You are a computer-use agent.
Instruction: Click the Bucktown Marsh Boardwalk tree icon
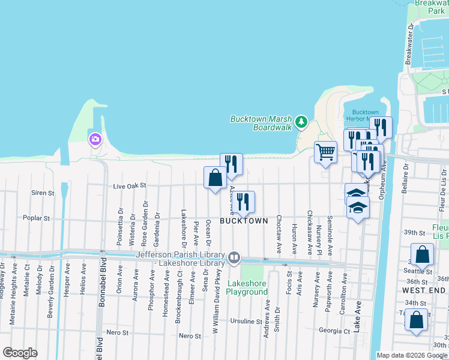301,123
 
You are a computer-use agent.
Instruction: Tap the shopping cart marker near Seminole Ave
325,152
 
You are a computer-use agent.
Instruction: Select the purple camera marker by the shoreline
95,140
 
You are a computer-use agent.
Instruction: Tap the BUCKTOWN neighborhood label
244,221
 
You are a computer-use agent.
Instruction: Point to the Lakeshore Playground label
247,287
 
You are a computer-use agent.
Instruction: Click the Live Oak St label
130,187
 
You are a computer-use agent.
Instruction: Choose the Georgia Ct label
334,330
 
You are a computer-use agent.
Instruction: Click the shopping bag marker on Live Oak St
215,178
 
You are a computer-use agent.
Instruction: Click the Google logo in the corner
20,353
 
